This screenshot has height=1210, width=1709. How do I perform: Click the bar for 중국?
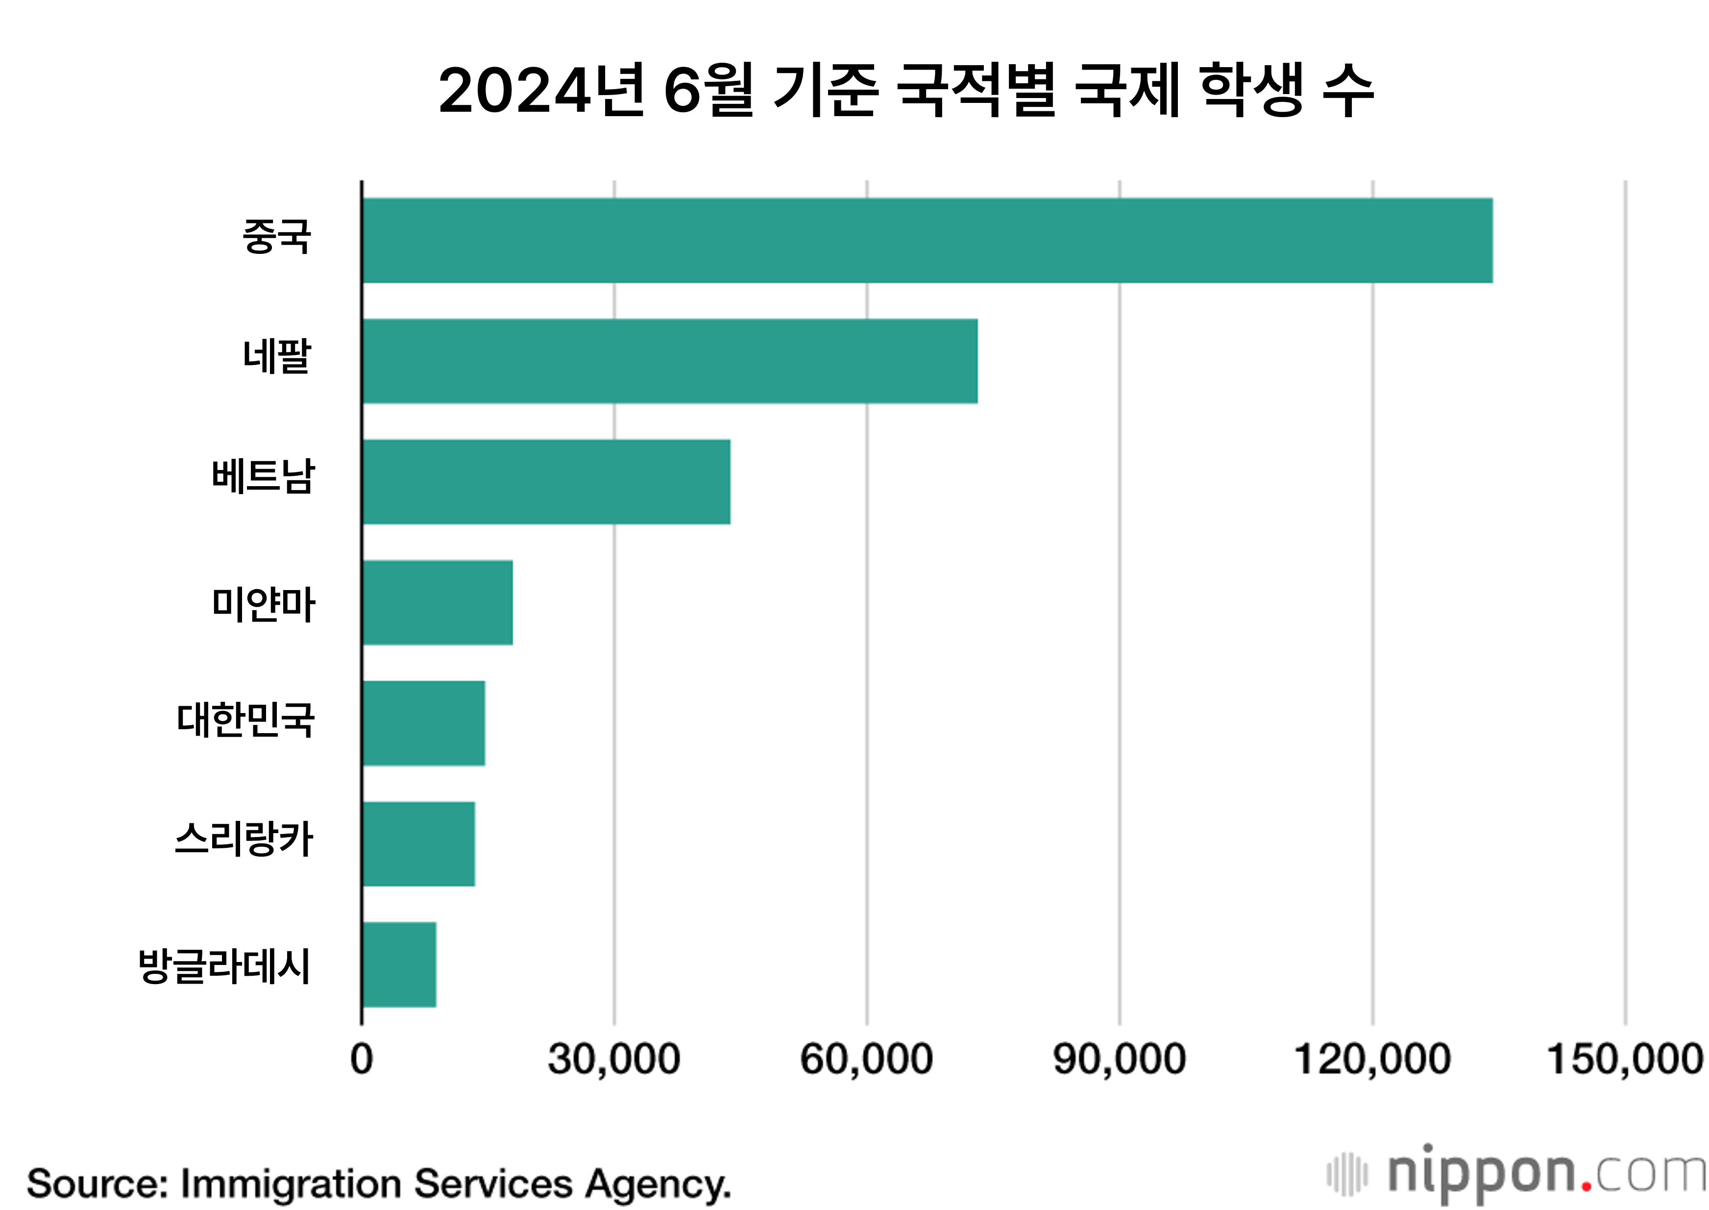(927, 241)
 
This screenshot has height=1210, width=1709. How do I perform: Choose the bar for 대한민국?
(423, 723)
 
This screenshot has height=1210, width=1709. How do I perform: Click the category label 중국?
(276, 236)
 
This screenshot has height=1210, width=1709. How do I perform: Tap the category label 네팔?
(276, 356)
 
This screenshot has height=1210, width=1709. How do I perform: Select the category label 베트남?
(263, 477)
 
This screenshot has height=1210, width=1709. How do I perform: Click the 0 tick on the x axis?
(361, 1059)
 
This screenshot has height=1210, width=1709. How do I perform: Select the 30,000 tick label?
(614, 1059)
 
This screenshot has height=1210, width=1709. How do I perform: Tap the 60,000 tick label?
(866, 1059)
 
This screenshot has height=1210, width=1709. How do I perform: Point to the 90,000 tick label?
(1119, 1059)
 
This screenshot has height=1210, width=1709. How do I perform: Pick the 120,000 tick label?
(1372, 1059)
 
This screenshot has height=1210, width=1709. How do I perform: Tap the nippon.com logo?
(1516, 1175)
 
